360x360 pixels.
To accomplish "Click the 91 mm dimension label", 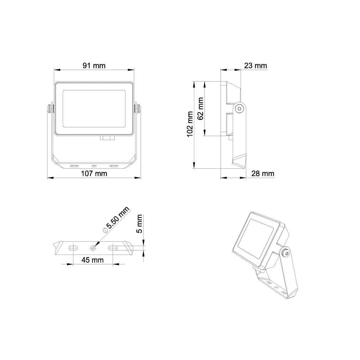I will (x=94, y=66).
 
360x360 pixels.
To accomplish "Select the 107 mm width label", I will (x=94, y=174).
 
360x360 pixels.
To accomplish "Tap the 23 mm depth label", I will (x=255, y=66).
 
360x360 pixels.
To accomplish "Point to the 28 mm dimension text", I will (x=263, y=174).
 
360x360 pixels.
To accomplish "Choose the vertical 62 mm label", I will (x=200, y=109).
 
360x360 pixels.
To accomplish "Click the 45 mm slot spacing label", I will (x=92, y=260).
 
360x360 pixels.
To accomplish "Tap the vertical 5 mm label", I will (x=140, y=223).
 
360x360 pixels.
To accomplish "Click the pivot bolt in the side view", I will (x=240, y=108).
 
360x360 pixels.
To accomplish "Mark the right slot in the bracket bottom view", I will (x=113, y=248).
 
